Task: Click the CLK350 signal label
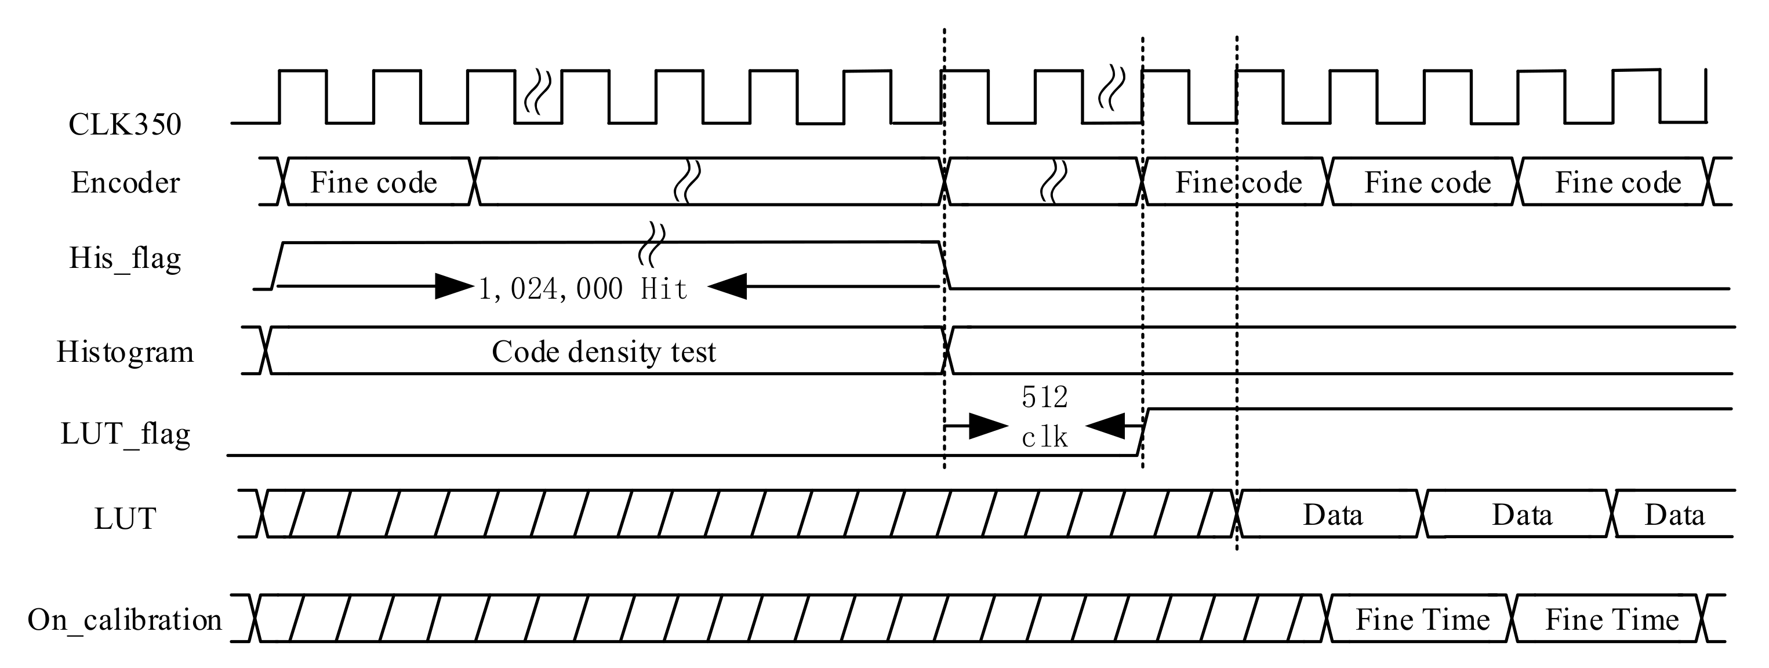(125, 125)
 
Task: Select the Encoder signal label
(125, 183)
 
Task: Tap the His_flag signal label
(125, 259)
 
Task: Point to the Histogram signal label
(125, 352)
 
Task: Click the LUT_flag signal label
(125, 434)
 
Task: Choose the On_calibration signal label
(125, 620)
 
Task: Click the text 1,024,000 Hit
(582, 289)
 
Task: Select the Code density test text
(603, 352)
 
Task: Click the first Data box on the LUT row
(1332, 515)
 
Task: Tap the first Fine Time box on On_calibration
(1422, 620)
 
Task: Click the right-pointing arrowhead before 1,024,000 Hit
(454, 286)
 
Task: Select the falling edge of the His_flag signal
(945, 266)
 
